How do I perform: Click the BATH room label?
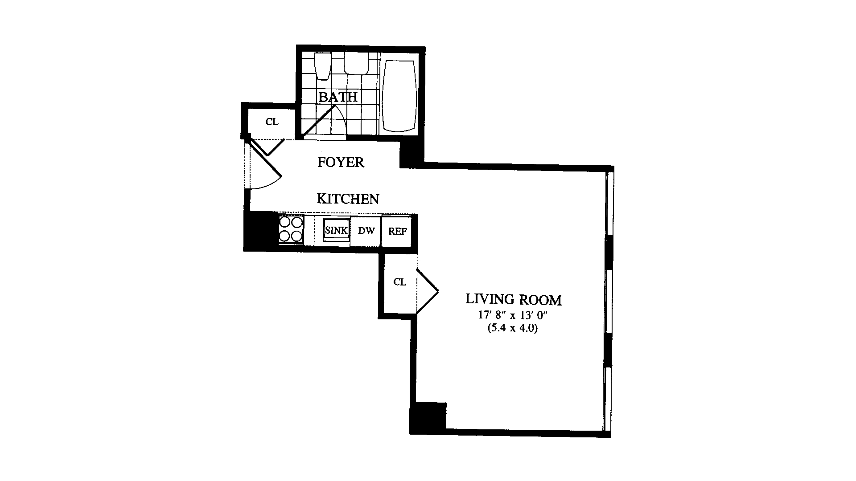pyautogui.click(x=338, y=97)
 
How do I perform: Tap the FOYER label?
pyautogui.click(x=341, y=162)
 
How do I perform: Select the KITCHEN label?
pyautogui.click(x=348, y=199)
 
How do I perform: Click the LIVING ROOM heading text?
pyautogui.click(x=513, y=299)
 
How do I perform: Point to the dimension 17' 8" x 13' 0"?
pyautogui.click(x=513, y=315)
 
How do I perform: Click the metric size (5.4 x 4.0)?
pyautogui.click(x=513, y=329)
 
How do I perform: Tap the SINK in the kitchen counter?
pyautogui.click(x=336, y=231)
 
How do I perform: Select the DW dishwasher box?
pyautogui.click(x=366, y=231)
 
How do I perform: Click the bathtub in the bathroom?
pyautogui.click(x=399, y=96)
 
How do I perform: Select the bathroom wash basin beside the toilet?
pyautogui.click(x=356, y=65)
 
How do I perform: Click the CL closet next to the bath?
pyautogui.click(x=272, y=122)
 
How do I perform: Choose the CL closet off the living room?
pyautogui.click(x=399, y=282)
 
